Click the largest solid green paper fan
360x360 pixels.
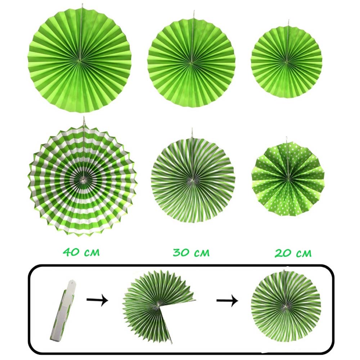tap(80, 61)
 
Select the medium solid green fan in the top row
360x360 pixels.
tap(192, 62)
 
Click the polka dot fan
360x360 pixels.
tap(288, 179)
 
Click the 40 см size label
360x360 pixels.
tap(81, 252)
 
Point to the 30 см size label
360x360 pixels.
tap(191, 252)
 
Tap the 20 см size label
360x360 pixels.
tap(293, 253)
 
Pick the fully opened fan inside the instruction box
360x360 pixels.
tap(286, 306)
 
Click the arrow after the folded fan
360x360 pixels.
tap(97, 300)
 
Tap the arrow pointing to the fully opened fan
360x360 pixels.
tap(227, 301)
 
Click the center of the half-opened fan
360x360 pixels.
tap(158, 305)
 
